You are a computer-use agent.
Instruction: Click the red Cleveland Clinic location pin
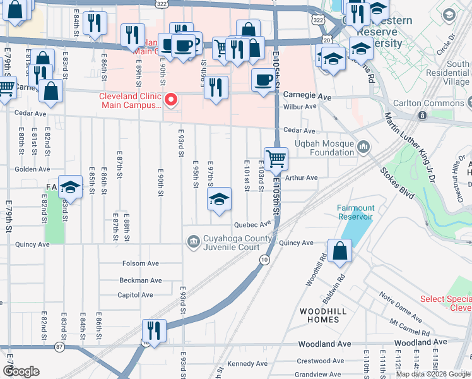[170, 100]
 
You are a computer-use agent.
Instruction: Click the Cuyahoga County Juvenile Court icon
[192, 241]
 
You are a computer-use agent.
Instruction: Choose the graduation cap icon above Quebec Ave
[219, 200]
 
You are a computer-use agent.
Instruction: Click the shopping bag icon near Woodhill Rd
[339, 250]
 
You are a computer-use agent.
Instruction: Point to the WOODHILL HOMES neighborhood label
[319, 315]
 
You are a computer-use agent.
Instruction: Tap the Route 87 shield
[59, 346]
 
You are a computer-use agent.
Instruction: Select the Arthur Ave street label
[301, 178]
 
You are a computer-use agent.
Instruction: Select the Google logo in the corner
[21, 371]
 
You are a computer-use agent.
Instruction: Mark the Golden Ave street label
[32, 169]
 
